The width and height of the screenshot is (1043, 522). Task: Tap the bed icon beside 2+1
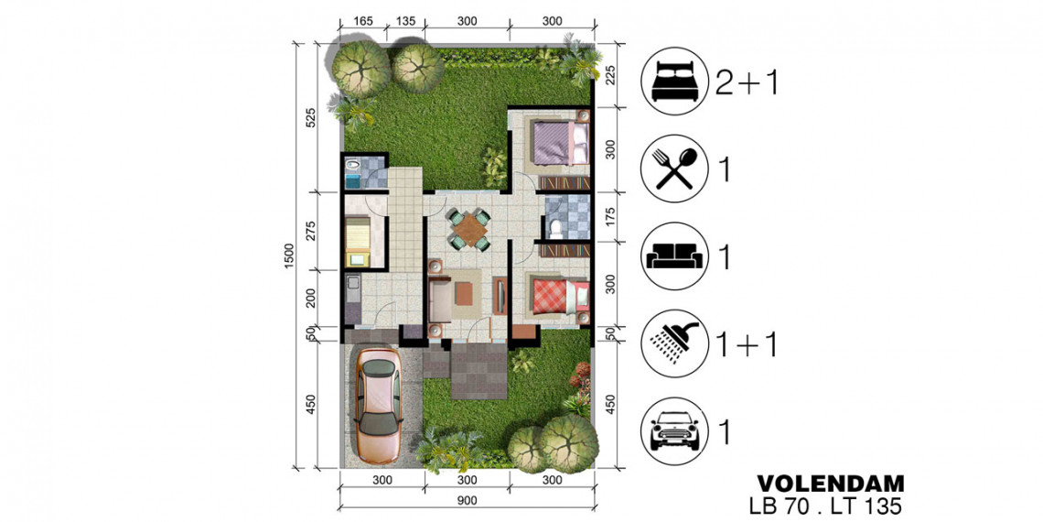[x=673, y=83]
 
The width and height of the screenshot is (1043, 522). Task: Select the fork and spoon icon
[x=673, y=170]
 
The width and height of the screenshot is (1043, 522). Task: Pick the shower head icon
[x=673, y=343]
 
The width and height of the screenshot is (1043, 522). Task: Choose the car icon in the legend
[x=673, y=430]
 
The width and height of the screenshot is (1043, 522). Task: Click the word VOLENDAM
[x=830, y=482]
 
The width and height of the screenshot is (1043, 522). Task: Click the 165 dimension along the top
[x=362, y=21]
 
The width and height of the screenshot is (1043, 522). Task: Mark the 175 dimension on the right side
[x=610, y=217]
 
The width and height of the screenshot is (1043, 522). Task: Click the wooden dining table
[x=469, y=229]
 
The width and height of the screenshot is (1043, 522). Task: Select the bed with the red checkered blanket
[x=559, y=297]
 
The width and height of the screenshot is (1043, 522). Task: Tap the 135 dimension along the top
[x=404, y=21]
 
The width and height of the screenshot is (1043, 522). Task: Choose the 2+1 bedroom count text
[x=747, y=83]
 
